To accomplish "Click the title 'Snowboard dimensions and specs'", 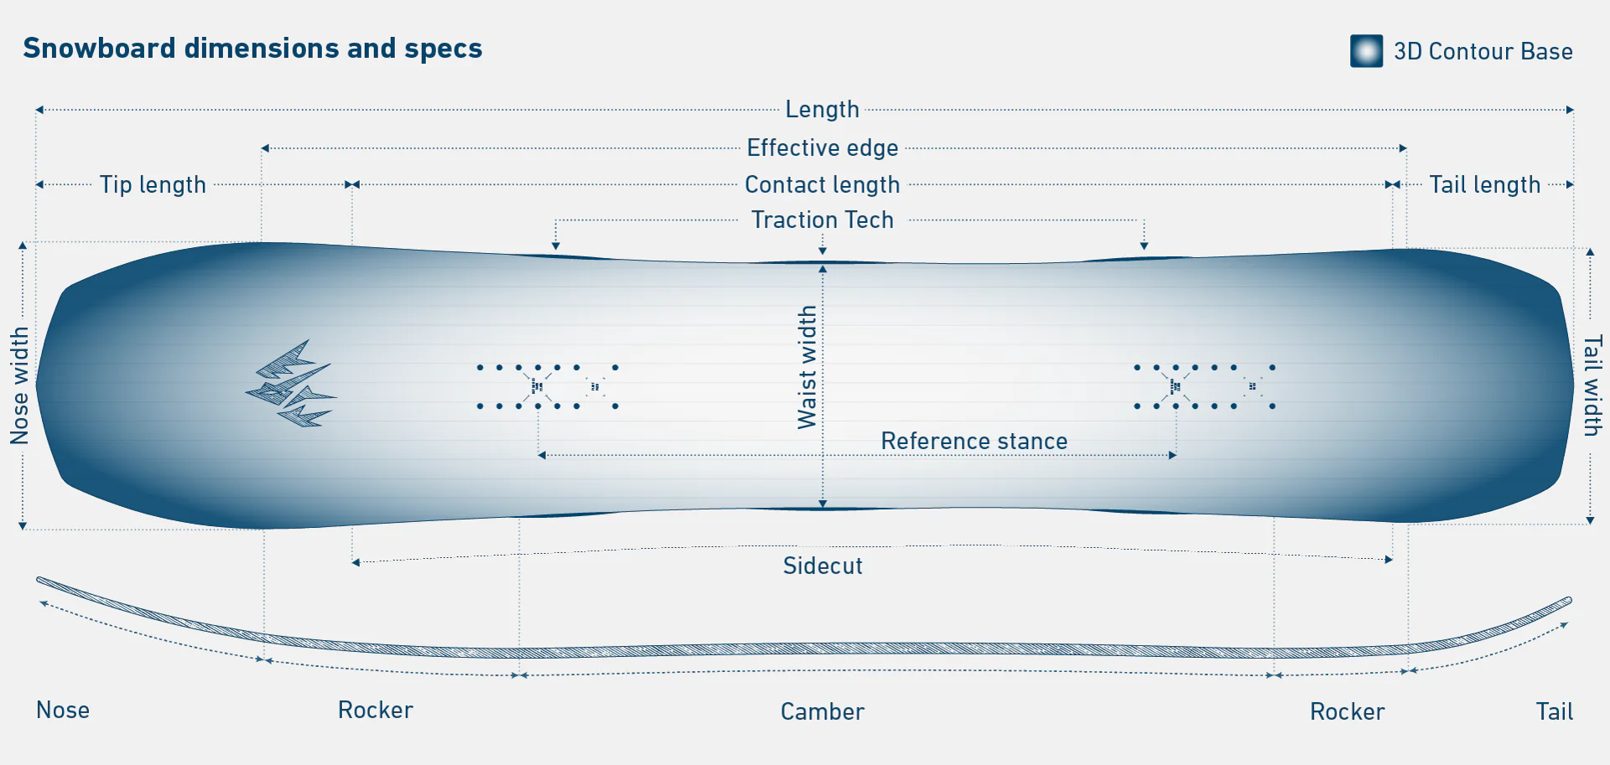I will pos(252,49).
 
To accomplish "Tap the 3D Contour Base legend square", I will pos(1366,51).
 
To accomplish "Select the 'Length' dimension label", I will pos(822,110).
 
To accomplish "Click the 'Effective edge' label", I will pos(822,148).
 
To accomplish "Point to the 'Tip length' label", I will pos(153,184).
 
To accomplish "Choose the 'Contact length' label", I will pos(822,184).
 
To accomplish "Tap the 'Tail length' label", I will pos(1484,184).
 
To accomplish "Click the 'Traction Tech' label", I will pos(822,220).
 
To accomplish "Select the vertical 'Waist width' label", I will pos(807,367).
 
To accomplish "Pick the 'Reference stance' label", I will pos(974,442).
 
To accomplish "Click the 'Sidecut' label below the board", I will pos(822,566).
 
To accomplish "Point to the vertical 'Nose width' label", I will pos(19,385).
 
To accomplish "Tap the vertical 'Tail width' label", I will pos(1592,385).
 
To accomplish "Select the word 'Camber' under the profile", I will pos(822,711).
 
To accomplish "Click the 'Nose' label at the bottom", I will pos(63,711).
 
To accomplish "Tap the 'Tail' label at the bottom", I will pos(1554,711).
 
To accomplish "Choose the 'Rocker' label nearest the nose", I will pos(375,711).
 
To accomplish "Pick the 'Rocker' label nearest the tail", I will pos(1347,711).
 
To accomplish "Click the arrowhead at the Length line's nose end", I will pos(39,110).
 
